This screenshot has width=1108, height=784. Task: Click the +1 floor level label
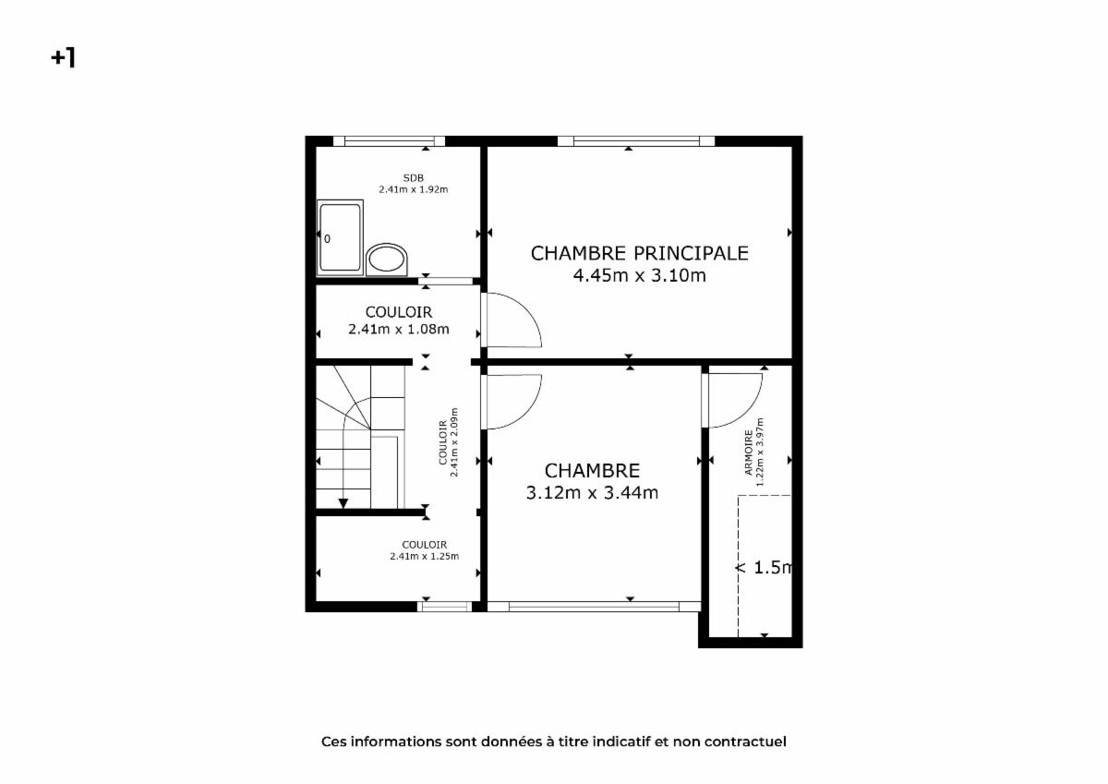click(64, 58)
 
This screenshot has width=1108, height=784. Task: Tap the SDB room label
click(413, 177)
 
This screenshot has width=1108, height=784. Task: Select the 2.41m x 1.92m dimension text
click(413, 189)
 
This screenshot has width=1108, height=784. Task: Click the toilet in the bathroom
click(387, 259)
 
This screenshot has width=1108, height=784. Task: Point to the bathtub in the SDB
click(341, 237)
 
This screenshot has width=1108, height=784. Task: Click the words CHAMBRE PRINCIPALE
click(639, 253)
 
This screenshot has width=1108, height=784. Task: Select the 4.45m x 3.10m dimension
click(639, 275)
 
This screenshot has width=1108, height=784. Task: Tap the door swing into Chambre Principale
click(512, 320)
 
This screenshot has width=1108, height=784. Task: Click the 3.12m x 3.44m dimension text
click(592, 493)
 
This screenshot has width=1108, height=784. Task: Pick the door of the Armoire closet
click(732, 400)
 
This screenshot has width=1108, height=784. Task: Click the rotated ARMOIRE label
click(749, 452)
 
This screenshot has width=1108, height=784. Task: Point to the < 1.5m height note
click(765, 567)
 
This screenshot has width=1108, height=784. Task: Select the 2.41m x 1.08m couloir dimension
click(399, 329)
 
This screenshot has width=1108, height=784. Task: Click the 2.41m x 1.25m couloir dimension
click(424, 556)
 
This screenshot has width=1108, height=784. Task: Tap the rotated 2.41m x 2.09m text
click(454, 441)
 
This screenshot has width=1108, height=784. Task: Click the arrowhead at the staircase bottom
click(343, 503)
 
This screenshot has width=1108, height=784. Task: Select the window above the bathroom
click(389, 141)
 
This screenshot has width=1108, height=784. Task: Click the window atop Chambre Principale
click(636, 141)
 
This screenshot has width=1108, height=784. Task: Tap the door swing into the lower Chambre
click(512, 402)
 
